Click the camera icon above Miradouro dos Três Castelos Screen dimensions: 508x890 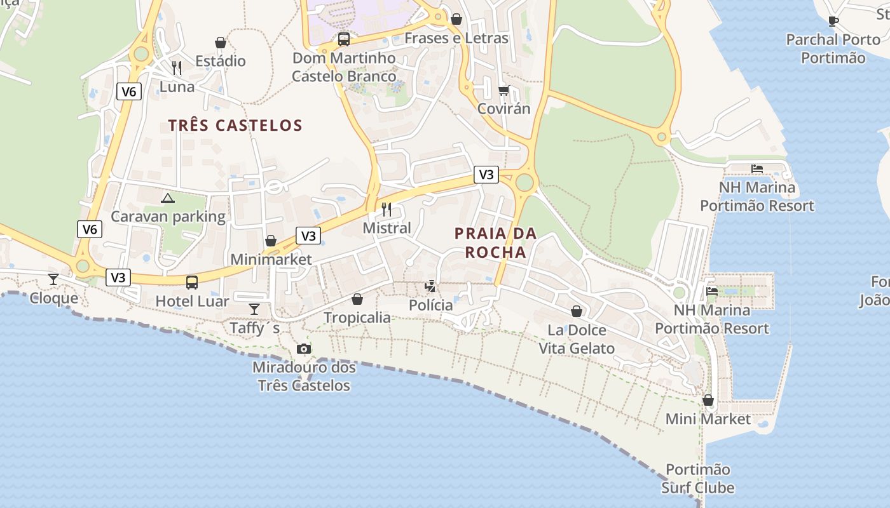(304, 349)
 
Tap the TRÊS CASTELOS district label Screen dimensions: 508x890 (235, 125)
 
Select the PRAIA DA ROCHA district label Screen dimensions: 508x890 (496, 243)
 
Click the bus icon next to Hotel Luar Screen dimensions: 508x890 (192, 283)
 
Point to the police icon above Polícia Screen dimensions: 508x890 (430, 286)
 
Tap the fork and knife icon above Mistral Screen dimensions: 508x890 (387, 209)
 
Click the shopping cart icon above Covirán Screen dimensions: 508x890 (503, 90)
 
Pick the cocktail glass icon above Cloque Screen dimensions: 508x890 (53, 279)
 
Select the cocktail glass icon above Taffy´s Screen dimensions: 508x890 (254, 309)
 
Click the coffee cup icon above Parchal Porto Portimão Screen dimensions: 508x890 (833, 21)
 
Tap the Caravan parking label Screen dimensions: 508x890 (168, 217)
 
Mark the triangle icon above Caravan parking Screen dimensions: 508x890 (167, 198)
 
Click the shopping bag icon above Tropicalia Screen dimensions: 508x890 (357, 298)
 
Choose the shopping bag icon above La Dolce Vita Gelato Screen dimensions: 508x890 (577, 311)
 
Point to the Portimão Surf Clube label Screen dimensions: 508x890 (698, 479)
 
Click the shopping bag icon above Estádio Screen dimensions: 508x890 (221, 43)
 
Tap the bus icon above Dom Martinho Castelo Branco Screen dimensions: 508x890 (344, 39)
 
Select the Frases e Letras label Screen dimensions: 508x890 (456, 38)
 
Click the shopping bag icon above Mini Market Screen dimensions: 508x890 (708, 400)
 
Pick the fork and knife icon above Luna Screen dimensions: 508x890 (177, 67)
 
